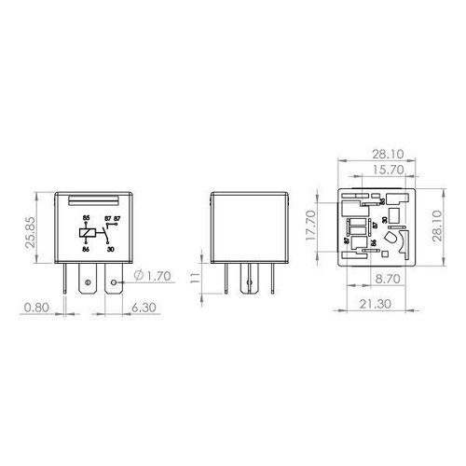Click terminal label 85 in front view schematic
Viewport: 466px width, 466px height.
[87, 217]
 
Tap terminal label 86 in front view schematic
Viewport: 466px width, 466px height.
[87, 250]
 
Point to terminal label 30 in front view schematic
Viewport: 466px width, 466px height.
[111, 250]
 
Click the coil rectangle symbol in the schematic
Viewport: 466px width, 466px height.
[87, 233]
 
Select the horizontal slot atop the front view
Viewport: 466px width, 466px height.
[92, 199]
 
